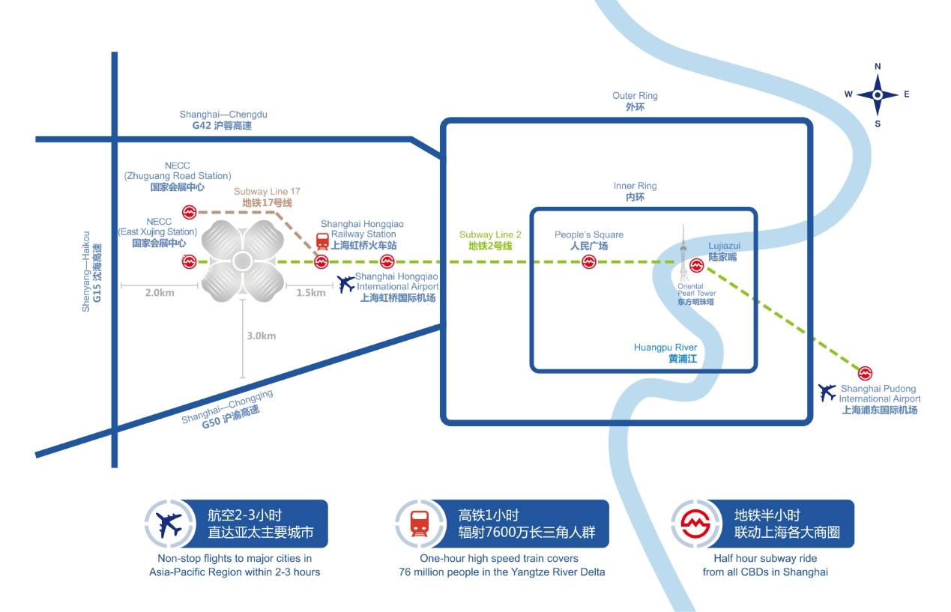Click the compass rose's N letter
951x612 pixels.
878,67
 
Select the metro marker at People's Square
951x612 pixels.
589,261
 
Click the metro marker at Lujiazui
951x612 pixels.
697,264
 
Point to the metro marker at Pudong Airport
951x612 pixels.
866,372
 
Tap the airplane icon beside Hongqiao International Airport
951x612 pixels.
346,284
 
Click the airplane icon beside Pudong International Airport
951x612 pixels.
827,391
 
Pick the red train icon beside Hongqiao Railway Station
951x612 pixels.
322,241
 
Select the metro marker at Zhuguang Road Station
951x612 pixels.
189,213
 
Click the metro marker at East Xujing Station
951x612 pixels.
188,261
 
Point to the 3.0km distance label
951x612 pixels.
261,336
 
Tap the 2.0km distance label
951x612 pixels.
159,292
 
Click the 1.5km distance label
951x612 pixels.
310,292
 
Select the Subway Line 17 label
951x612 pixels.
267,197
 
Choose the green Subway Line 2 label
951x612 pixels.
490,240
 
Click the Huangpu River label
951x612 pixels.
665,353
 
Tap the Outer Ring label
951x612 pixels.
635,101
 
